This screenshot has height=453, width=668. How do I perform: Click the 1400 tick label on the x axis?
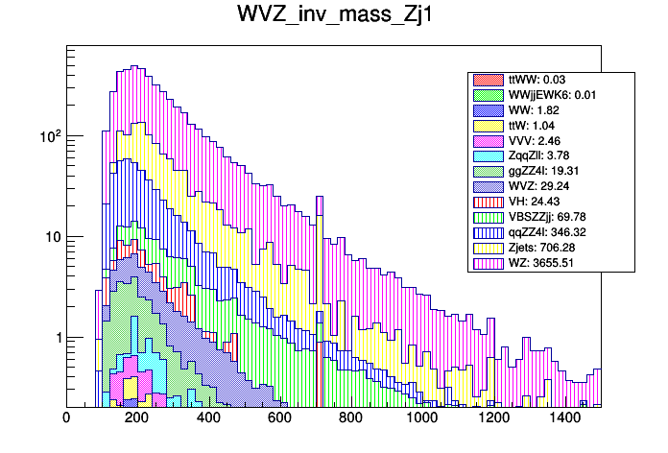click(x=564, y=418)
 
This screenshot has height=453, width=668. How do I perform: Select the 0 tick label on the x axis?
click(x=66, y=418)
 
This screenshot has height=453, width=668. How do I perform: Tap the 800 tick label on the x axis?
click(x=351, y=418)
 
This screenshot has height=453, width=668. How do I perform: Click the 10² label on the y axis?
click(x=48, y=136)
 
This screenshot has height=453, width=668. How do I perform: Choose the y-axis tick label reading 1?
click(x=56, y=338)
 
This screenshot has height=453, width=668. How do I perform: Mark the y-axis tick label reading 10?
click(x=52, y=237)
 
